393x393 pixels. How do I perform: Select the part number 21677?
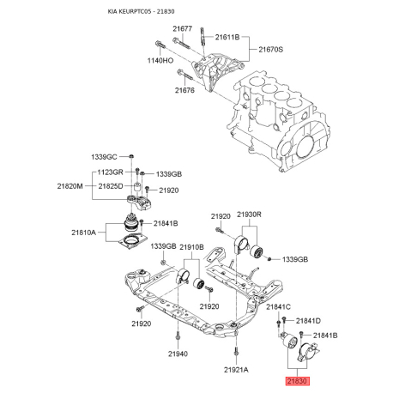pyautogui.click(x=184, y=29)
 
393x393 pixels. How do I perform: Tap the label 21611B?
pyautogui.click(x=227, y=38)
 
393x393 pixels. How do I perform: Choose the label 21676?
pyautogui.click(x=186, y=90)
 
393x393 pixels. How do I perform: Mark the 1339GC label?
pyautogui.click(x=107, y=157)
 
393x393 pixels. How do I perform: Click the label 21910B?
pyautogui.click(x=191, y=247)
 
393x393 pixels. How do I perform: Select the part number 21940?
pyautogui.click(x=178, y=354)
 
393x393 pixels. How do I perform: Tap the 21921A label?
pyautogui.click(x=236, y=369)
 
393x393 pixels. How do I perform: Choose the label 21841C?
pyautogui.click(x=279, y=307)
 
